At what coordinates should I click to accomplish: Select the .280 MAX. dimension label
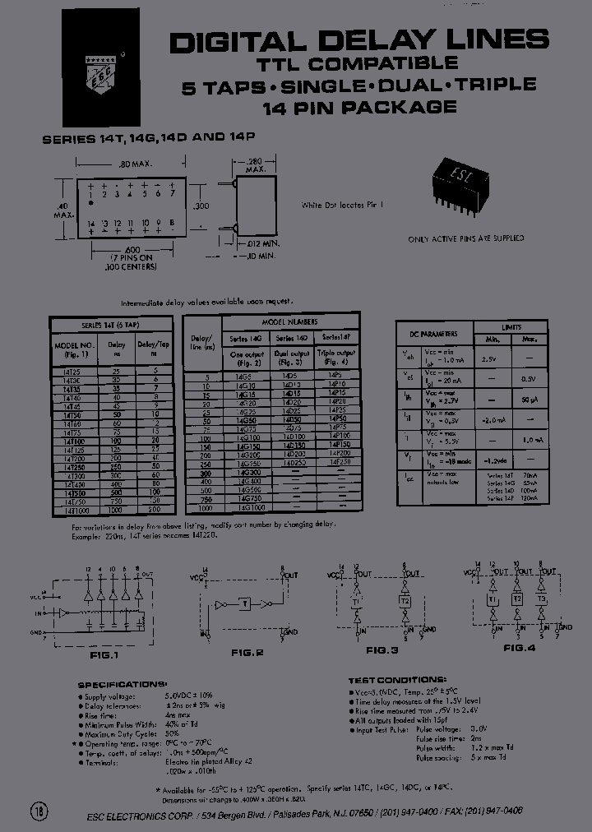click(254, 165)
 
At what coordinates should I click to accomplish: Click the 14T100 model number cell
click(72, 441)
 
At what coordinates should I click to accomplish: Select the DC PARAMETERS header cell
click(434, 334)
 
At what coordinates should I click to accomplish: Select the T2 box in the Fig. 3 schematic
click(405, 600)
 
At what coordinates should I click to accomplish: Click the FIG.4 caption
click(520, 648)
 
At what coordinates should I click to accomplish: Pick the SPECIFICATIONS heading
click(123, 684)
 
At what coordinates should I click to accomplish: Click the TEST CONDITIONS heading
click(397, 680)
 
